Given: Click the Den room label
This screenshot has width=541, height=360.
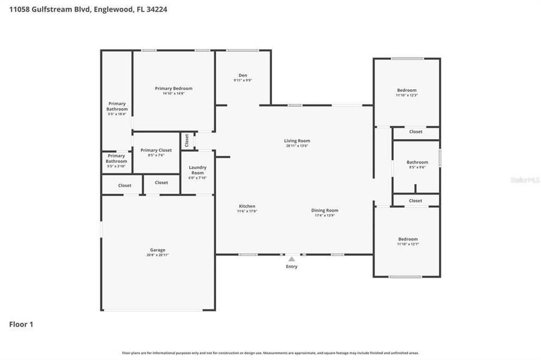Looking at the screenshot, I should click(x=243, y=76).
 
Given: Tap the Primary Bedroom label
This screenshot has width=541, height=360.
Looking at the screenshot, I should click(x=174, y=89).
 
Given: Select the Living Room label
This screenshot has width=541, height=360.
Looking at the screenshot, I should click(x=297, y=142).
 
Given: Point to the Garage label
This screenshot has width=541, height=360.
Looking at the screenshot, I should click(x=157, y=250).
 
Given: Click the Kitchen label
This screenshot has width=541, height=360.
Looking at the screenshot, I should click(x=247, y=206).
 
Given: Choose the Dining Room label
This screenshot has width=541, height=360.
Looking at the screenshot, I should click(x=325, y=211).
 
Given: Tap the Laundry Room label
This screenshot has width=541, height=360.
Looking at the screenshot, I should click(x=198, y=170).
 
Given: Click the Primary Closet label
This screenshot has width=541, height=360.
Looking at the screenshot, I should click(x=156, y=151).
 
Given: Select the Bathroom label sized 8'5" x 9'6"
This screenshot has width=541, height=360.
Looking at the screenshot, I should click(x=417, y=163).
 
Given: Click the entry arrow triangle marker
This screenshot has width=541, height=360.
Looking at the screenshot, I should click(x=291, y=259).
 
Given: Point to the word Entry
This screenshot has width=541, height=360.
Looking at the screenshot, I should click(x=291, y=266).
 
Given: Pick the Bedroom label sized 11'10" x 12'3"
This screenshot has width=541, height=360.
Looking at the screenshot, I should click(x=407, y=91).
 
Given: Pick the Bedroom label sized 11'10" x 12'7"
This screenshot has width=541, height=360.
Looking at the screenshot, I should click(x=408, y=239).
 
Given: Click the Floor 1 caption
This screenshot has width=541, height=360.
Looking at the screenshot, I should click(x=21, y=325).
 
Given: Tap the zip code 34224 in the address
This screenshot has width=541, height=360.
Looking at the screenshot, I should click(x=154, y=10).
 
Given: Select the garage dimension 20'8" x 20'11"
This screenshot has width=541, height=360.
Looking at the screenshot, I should click(x=157, y=255).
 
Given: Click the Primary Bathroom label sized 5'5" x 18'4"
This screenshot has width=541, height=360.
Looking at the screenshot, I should click(x=117, y=107).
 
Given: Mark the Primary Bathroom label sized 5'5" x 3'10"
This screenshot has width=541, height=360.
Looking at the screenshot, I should click(x=116, y=158).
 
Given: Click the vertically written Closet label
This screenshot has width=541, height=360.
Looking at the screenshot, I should click(x=187, y=140).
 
